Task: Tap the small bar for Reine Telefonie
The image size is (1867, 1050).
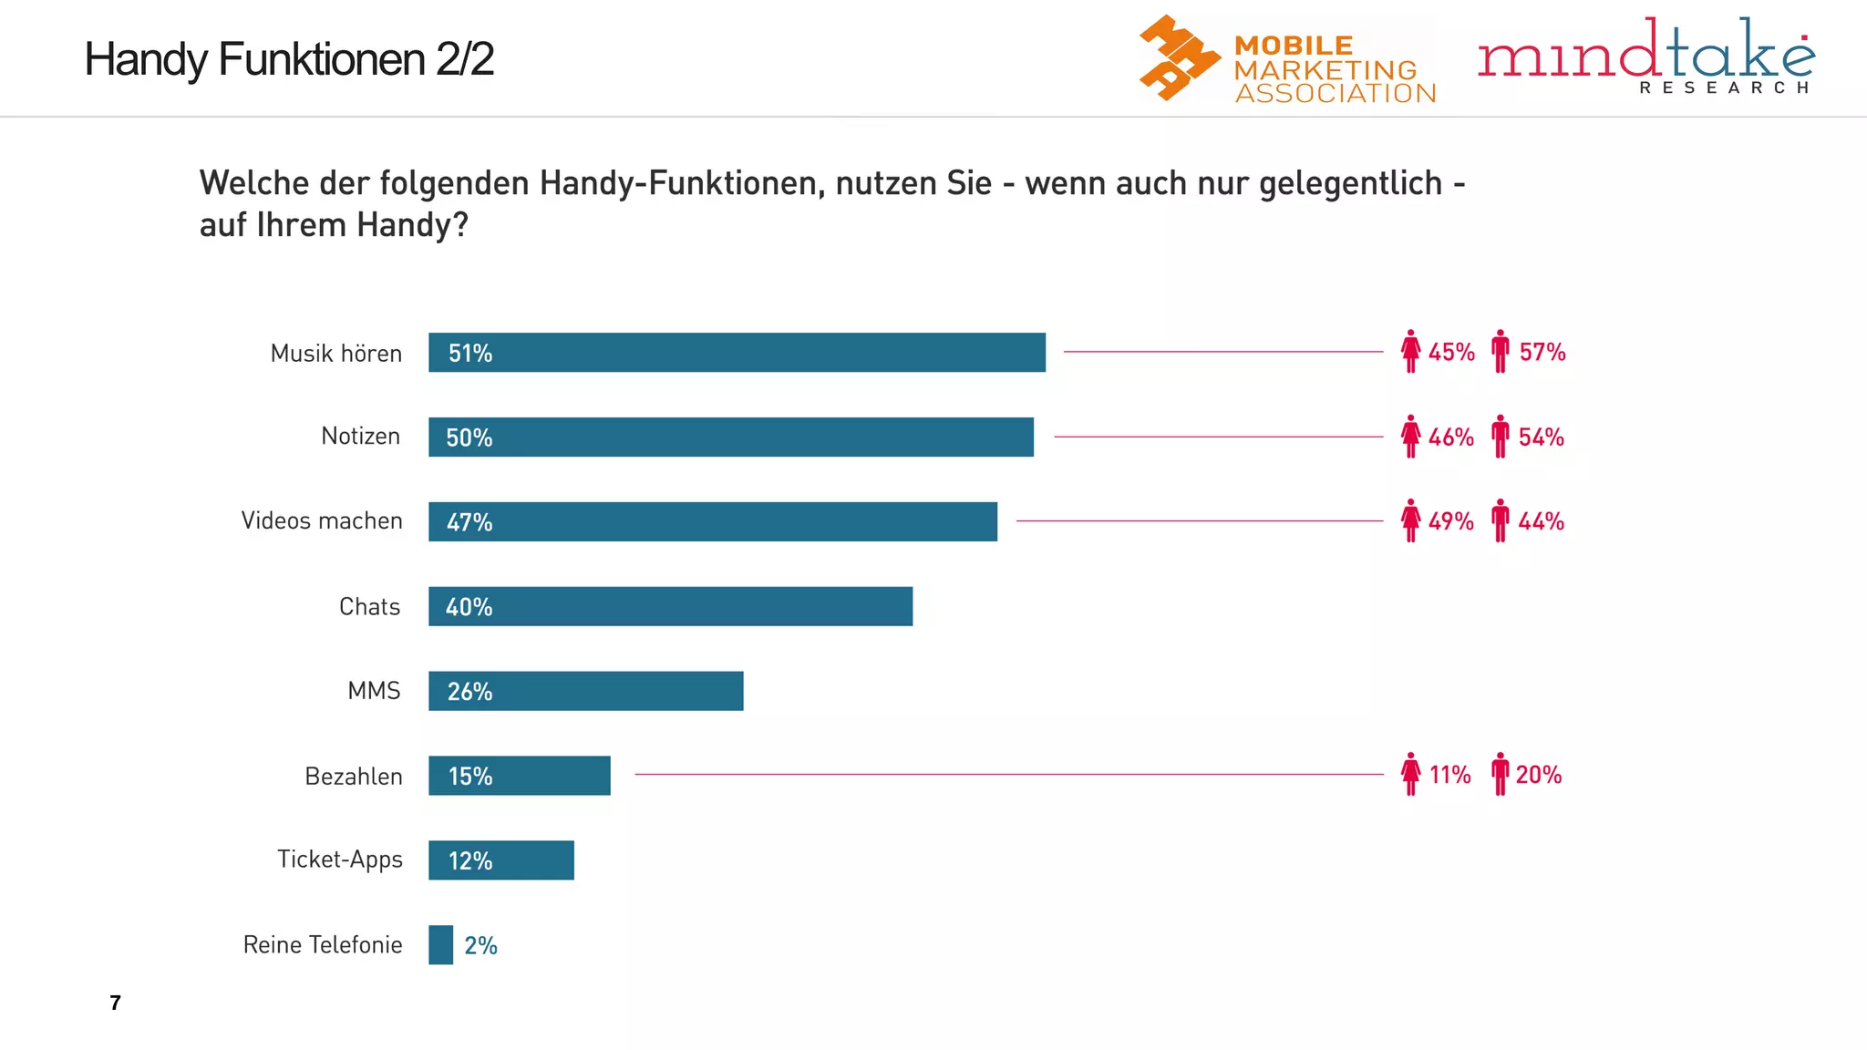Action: tap(441, 944)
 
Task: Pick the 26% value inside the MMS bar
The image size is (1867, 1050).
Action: tap(469, 692)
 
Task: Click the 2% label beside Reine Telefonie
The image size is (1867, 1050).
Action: tap(480, 945)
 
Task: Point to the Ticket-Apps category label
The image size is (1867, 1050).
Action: tap(340, 860)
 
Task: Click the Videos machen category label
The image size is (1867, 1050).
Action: tap(322, 520)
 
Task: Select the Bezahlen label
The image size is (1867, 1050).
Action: tap(354, 777)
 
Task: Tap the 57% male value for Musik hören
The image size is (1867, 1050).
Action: tap(1542, 352)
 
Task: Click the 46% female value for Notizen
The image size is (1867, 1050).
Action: tap(1450, 437)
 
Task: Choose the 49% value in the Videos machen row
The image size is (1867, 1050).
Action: tap(1450, 521)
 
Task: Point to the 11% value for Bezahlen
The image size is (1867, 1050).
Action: tap(1449, 775)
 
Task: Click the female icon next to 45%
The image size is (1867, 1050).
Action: tap(1410, 351)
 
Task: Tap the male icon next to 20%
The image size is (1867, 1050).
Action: tap(1500, 774)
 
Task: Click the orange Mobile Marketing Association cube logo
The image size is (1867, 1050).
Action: tap(1178, 57)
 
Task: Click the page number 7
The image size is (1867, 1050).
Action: tap(115, 1003)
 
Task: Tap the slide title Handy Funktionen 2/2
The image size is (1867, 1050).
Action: tap(289, 59)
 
